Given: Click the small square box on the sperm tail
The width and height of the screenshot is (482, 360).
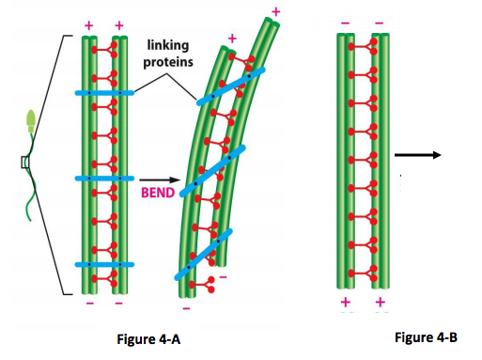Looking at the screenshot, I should click(x=25, y=162).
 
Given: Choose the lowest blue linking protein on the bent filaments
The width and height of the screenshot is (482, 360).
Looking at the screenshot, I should click(x=203, y=255).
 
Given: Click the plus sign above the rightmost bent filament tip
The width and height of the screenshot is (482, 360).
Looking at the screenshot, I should click(x=275, y=10).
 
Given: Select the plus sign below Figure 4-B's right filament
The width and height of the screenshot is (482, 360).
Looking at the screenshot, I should click(x=380, y=302).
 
